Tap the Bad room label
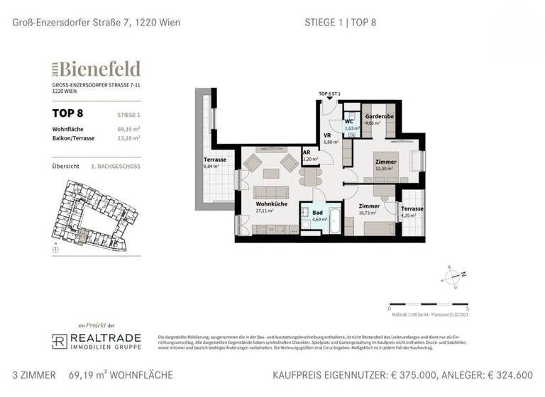pos(318,213)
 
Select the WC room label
pos(349,121)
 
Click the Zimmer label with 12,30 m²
pos(385,162)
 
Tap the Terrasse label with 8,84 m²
pos(214,160)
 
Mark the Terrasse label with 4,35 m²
pos(412,209)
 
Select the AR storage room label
pos(307,152)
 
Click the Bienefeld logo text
pos(99,69)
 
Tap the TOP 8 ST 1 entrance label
pos(330,94)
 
